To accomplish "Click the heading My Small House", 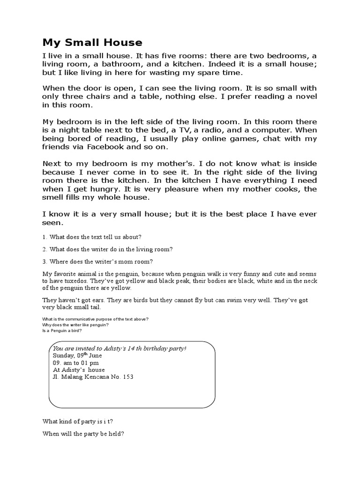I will click(92, 43).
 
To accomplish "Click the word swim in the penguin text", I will click(228, 300).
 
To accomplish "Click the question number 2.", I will click(45, 249).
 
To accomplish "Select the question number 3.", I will click(45, 261).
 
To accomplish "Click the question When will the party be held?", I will click(83, 434).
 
